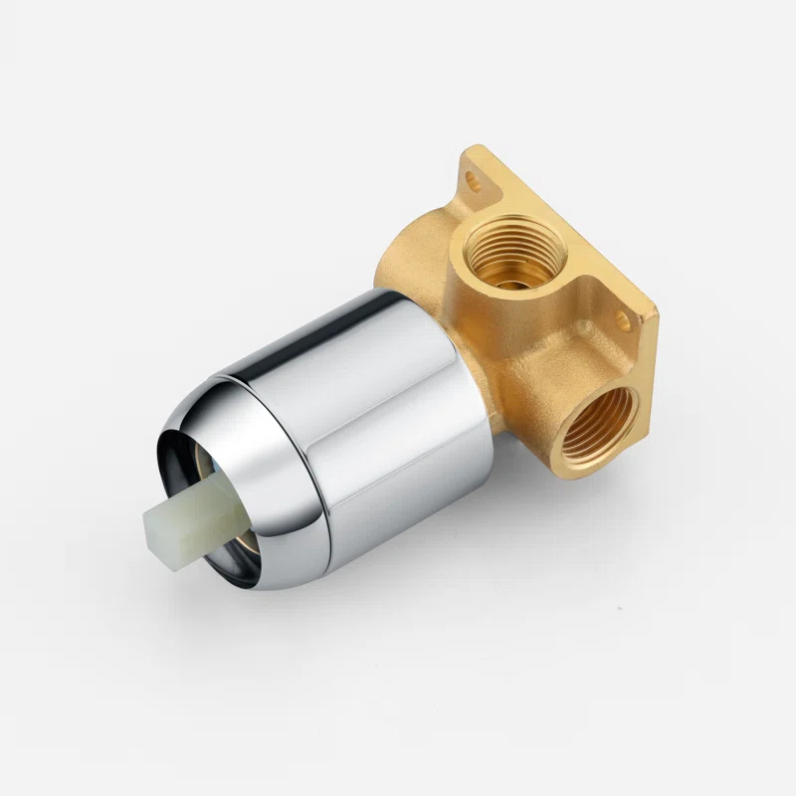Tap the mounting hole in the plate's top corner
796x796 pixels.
click(x=475, y=183)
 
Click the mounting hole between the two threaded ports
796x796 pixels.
click(x=622, y=320)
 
